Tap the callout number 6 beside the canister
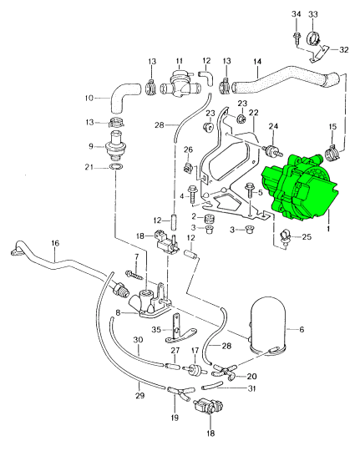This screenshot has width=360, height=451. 302,329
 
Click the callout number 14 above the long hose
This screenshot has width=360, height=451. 257,61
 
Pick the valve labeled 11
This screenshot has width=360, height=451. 179,84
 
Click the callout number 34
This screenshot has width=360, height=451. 297,14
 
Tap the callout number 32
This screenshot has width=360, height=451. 344,49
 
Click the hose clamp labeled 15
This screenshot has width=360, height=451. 332,152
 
